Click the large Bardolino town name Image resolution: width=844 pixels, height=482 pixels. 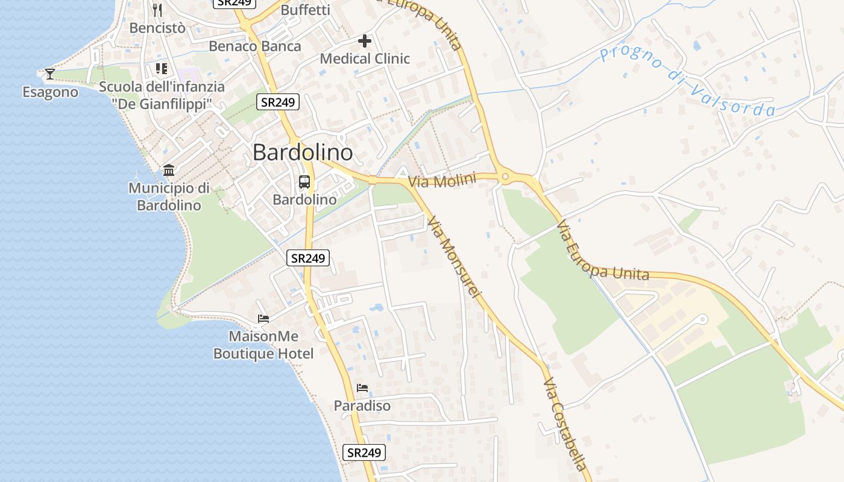[x=303, y=152]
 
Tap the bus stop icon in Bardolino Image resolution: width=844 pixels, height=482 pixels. [x=304, y=182]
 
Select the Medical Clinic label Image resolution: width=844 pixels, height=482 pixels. [x=365, y=59]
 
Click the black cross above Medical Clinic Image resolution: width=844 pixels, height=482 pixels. [x=365, y=41]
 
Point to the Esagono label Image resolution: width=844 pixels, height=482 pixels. [x=51, y=92]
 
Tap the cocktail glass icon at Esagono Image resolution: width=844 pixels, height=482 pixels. [x=49, y=74]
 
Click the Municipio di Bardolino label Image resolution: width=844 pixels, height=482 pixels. [x=169, y=196]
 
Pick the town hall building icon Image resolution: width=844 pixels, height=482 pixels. [x=169, y=170]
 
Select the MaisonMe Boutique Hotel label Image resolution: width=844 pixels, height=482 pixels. [x=263, y=345]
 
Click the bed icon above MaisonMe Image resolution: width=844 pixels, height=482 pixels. [x=263, y=318]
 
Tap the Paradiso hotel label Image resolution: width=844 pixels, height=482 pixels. [x=362, y=406]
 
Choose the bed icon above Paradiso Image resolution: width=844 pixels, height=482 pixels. [x=362, y=387]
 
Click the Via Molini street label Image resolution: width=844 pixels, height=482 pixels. [x=442, y=180]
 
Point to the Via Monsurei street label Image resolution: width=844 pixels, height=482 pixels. [x=455, y=257]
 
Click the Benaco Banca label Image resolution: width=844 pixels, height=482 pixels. [x=255, y=46]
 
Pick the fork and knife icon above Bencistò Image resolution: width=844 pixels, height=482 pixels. [x=157, y=10]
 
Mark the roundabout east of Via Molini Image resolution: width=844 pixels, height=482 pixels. [x=505, y=177]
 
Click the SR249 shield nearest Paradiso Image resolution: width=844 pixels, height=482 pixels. [x=364, y=452]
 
